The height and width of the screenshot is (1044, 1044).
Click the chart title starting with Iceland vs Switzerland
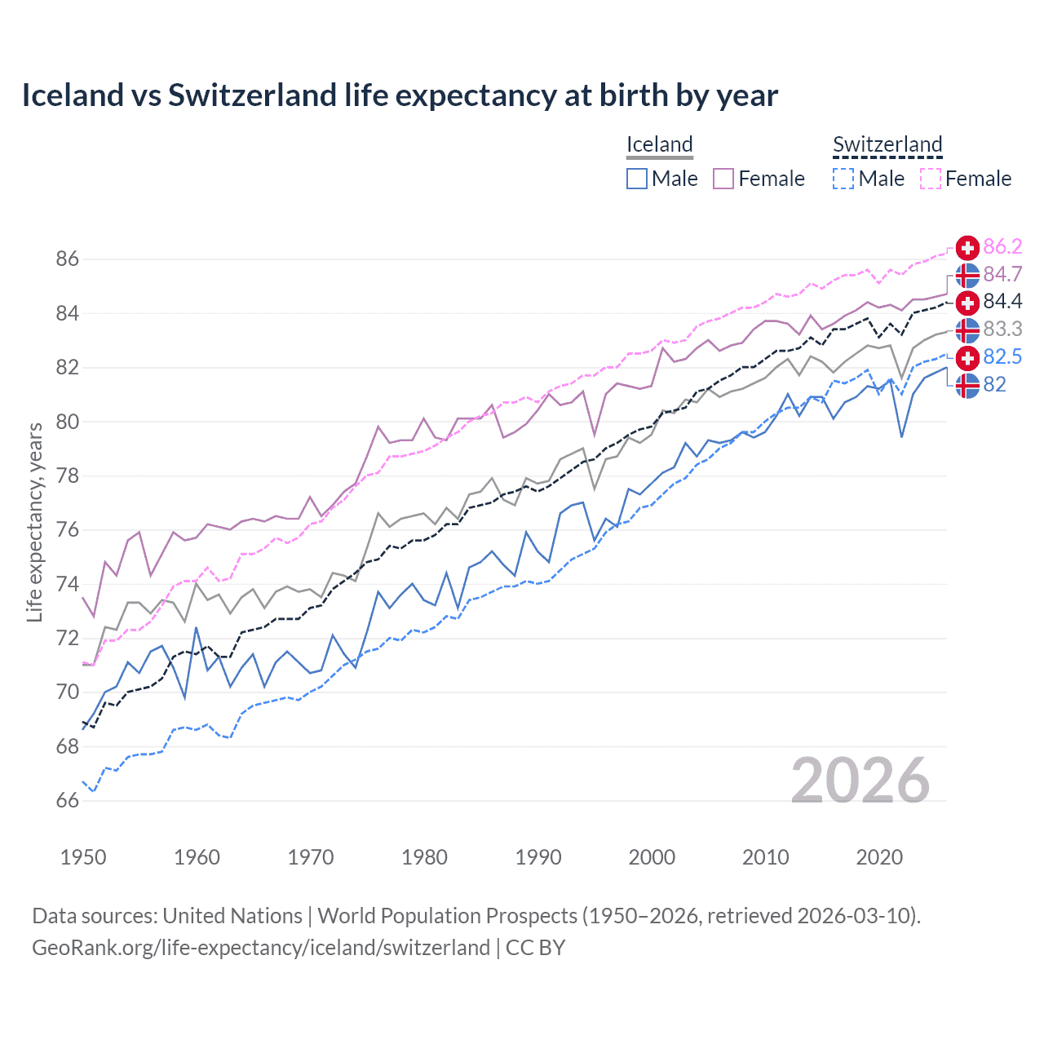tap(400, 95)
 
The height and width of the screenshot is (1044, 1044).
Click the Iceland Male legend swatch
tap(637, 179)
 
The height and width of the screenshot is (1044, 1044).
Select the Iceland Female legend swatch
tap(723, 179)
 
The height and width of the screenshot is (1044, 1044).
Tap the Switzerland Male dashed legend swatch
tap(843, 179)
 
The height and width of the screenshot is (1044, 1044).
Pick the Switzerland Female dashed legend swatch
tap(931, 179)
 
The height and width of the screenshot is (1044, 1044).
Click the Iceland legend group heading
tap(660, 144)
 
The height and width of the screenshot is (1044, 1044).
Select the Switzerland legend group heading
tap(887, 144)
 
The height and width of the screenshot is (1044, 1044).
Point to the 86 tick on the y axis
tap(68, 259)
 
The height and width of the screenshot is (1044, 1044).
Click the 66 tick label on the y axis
tap(68, 801)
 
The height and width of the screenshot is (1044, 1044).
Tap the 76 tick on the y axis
tap(68, 530)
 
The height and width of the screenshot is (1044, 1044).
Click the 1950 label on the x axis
tap(83, 857)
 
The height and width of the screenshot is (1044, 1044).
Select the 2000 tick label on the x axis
tap(652, 857)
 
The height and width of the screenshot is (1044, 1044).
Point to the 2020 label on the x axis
tap(879, 857)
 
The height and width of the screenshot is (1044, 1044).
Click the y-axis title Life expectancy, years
tap(35, 522)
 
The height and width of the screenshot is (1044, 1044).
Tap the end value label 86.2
tap(1002, 247)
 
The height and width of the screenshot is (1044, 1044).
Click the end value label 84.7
tap(1002, 274)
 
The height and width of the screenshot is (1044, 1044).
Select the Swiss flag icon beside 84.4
tap(967, 303)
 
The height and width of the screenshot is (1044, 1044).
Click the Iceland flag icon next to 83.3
tap(967, 330)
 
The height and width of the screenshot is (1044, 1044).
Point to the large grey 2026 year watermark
tap(860, 781)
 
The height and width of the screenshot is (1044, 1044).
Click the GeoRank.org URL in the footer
tap(261, 948)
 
